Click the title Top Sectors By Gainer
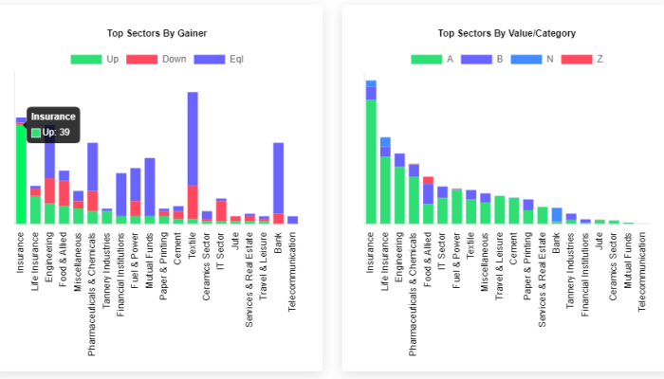pos(157,33)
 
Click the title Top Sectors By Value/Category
pos(507,33)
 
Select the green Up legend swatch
pos(86,59)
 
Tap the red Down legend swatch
pos(142,59)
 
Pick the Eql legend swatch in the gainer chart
pos(210,59)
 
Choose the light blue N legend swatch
pos(526,59)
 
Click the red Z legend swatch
pos(577,59)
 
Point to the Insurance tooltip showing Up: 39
pos(53,125)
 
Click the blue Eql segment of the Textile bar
pos(193,138)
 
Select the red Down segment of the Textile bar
pos(193,202)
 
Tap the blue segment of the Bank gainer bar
pos(278,178)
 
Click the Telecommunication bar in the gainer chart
pos(292,220)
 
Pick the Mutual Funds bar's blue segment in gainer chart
pos(150,187)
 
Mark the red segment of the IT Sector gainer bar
pos(221,210)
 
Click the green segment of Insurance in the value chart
pos(371,162)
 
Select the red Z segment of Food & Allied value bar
pos(428,180)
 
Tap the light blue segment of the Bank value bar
pos(557,215)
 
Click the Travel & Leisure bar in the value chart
pos(500,209)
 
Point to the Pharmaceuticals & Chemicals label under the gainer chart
pos(92,294)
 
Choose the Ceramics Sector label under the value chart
pos(613,266)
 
